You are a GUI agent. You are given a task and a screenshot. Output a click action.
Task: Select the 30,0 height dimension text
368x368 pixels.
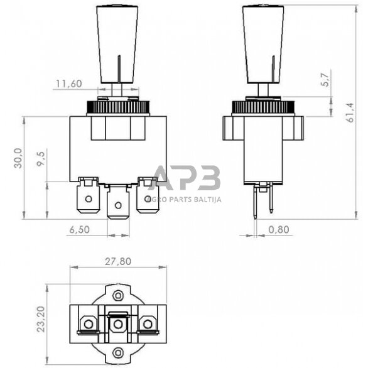tap(19, 158)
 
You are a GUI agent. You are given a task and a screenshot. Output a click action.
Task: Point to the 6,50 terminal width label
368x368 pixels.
tap(80, 229)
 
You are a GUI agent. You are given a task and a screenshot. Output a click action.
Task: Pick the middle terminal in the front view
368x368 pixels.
tap(117, 202)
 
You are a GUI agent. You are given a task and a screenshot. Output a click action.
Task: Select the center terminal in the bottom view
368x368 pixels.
tap(117, 323)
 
